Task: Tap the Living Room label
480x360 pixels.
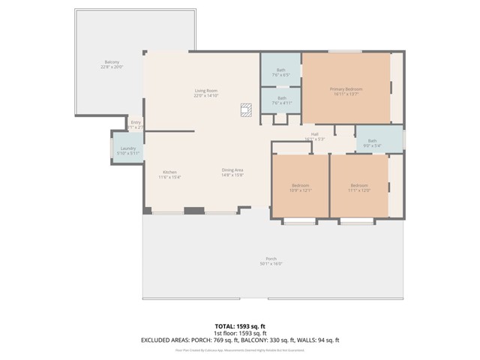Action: (x=206, y=91)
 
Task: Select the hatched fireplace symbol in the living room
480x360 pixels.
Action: (x=245, y=109)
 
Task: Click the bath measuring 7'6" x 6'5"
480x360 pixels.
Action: (x=280, y=73)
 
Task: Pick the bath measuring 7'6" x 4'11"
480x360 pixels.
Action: (x=281, y=100)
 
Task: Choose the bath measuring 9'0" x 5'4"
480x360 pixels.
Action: (x=372, y=142)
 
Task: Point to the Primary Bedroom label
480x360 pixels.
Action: (x=345, y=89)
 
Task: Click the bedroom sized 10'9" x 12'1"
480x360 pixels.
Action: (x=300, y=187)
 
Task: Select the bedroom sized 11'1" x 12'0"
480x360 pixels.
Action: (x=359, y=187)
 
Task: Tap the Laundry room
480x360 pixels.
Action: (x=127, y=150)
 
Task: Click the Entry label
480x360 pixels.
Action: (x=136, y=122)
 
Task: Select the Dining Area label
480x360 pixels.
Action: (x=232, y=169)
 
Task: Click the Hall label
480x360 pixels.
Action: (x=315, y=134)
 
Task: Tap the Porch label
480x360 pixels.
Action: (x=271, y=259)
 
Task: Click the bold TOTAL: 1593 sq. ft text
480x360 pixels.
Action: (x=240, y=326)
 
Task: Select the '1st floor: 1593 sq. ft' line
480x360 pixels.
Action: (x=240, y=333)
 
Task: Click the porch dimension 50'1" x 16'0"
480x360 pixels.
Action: (x=271, y=264)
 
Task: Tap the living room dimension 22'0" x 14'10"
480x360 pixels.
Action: (x=206, y=96)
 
